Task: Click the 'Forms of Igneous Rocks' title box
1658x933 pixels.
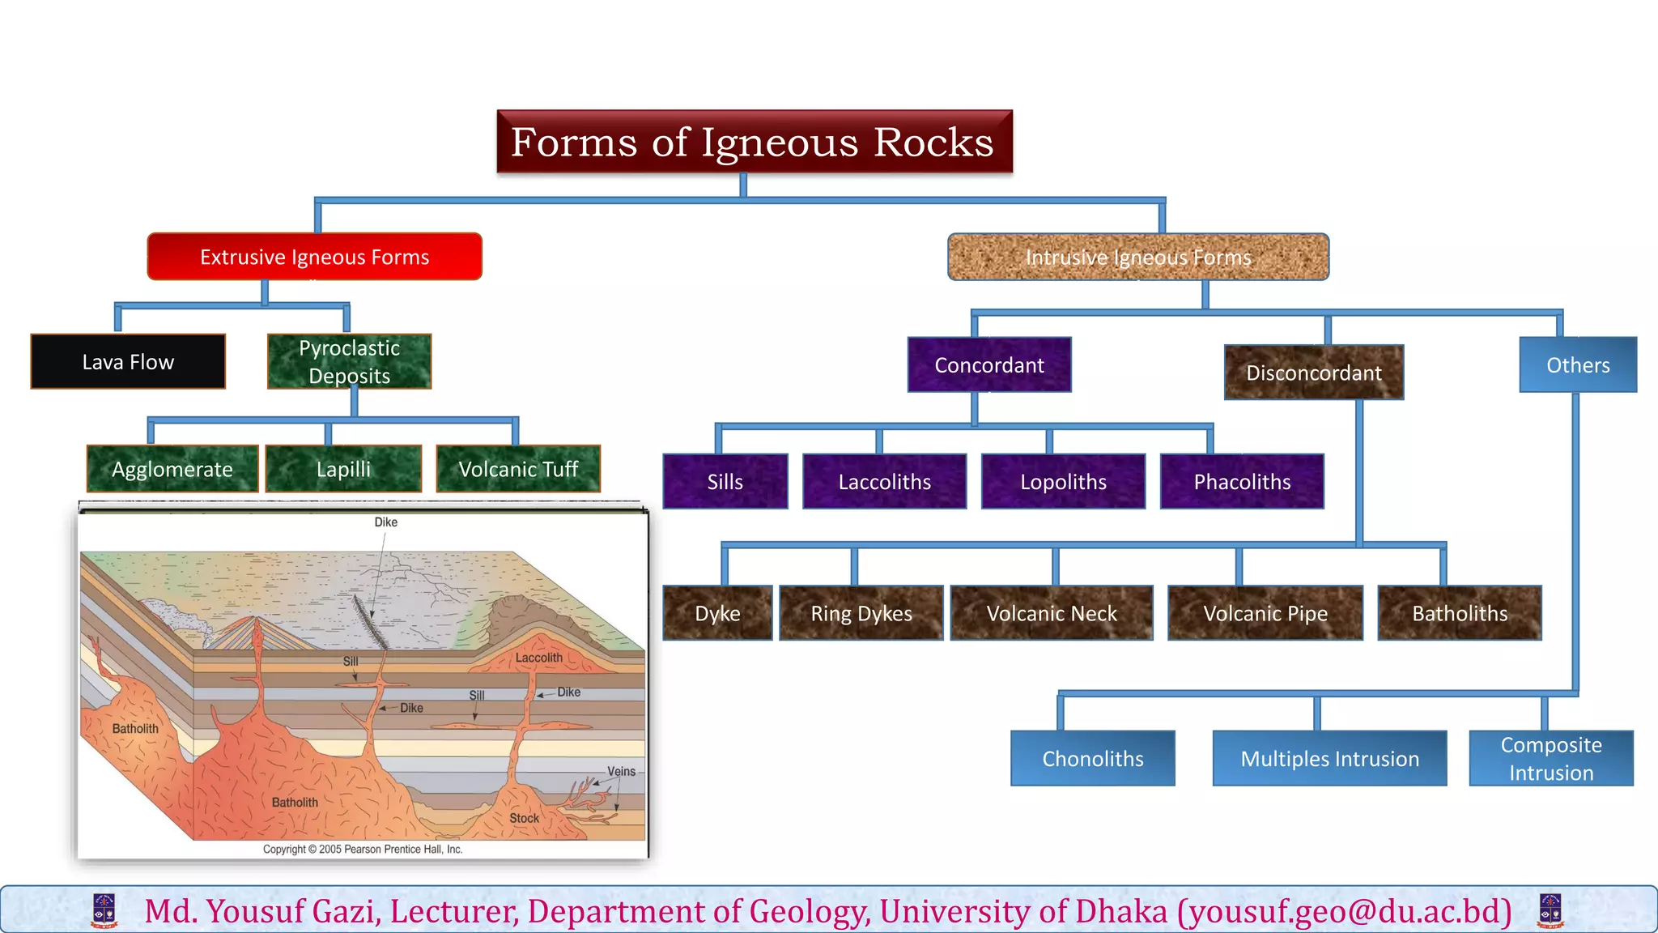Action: tap(754, 142)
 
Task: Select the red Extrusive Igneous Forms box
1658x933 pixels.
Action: tap(314, 257)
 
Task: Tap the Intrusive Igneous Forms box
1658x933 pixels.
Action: tap(1137, 257)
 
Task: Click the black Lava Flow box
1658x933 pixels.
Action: tap(128, 362)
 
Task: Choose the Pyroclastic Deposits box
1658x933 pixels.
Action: tap(349, 361)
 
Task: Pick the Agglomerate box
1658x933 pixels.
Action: tap(172, 469)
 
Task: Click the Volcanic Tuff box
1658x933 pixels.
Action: tap(518, 469)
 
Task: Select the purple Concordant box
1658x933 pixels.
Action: tap(988, 365)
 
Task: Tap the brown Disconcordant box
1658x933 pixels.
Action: tap(1313, 373)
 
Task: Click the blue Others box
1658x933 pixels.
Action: tap(1577, 365)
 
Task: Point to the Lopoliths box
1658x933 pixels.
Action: tap(1063, 482)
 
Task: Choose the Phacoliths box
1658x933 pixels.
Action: tap(1242, 482)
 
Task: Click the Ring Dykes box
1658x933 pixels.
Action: tap(861, 613)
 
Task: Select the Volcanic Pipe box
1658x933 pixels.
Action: tap(1265, 613)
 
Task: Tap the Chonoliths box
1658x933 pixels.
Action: tap(1092, 759)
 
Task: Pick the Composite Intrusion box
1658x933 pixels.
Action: tap(1550, 759)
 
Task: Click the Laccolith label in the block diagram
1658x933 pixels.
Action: tap(538, 658)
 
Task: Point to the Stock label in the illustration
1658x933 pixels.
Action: tap(524, 818)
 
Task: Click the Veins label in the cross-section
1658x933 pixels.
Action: tap(621, 771)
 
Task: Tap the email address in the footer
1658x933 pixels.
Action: tap(1344, 911)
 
